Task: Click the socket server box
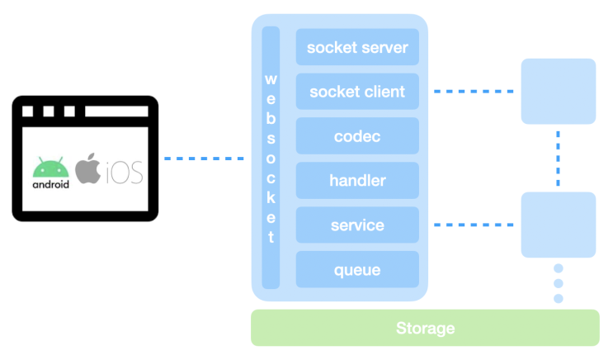tap(357, 47)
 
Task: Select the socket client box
tap(357, 92)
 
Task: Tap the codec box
tap(357, 136)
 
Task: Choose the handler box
tap(357, 180)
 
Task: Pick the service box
tap(357, 225)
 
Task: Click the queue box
tap(357, 269)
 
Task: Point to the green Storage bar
tap(425, 328)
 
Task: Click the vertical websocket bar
tap(271, 158)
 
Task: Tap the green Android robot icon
tap(50, 167)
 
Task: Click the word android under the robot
tap(50, 185)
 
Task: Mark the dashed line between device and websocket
tap(204, 158)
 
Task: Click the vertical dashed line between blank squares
tap(559, 157)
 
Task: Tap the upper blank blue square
tap(559, 91)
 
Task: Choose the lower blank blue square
tap(559, 225)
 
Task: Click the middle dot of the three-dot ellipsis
tap(559, 283)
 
